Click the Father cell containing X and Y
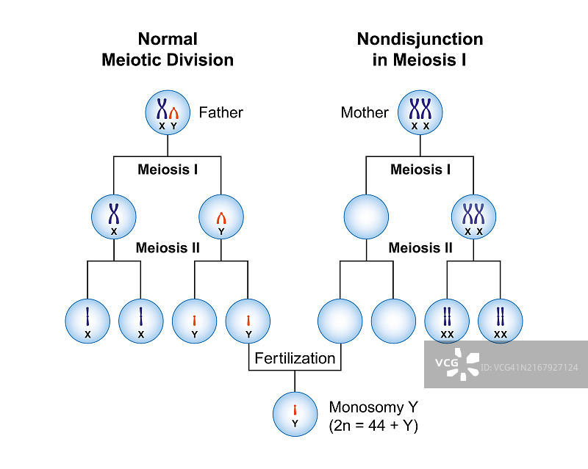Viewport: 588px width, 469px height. click(168, 113)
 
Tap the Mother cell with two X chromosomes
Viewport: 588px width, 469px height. click(420, 113)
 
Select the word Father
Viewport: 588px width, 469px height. click(220, 112)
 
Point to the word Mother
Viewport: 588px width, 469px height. click(365, 112)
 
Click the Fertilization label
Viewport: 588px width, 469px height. click(295, 358)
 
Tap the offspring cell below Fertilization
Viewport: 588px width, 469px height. click(295, 415)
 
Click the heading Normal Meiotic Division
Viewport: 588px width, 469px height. click(168, 49)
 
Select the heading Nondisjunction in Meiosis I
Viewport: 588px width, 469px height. click(420, 49)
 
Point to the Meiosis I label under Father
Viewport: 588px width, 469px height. click(168, 170)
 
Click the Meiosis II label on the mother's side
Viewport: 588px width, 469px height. click(420, 248)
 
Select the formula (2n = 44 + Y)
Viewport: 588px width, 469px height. click(373, 426)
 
